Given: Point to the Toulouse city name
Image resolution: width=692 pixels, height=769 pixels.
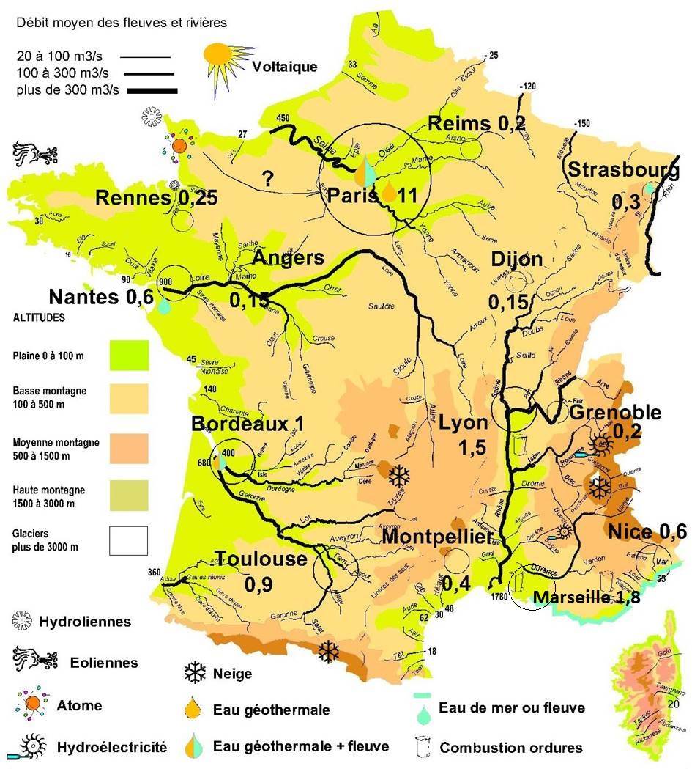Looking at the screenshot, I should (261, 559).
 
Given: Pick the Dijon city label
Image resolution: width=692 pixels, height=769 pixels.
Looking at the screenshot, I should (517, 260).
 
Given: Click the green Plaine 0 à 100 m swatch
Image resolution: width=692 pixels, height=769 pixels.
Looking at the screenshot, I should (129, 355).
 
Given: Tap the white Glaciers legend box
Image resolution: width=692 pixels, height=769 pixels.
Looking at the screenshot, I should (129, 540).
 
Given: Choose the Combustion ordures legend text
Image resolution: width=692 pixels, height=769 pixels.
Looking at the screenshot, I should (510, 748).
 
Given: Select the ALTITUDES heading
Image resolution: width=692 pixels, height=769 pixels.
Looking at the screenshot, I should (39, 319).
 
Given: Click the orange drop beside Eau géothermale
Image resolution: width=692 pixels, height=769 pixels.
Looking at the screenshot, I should (195, 709).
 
